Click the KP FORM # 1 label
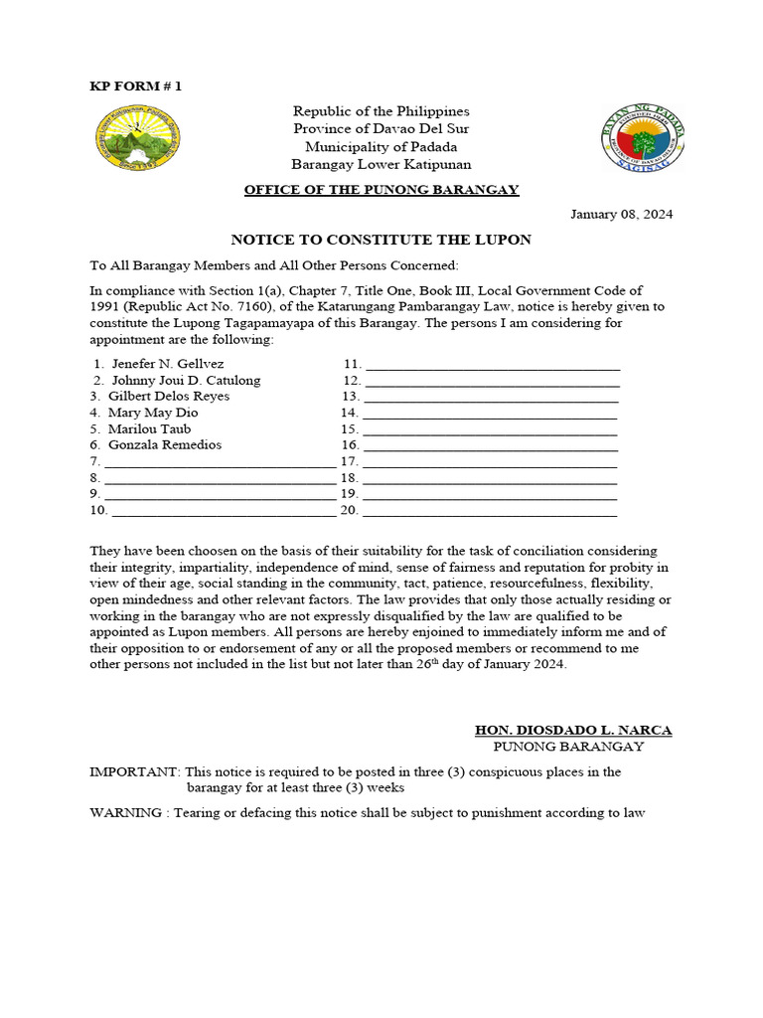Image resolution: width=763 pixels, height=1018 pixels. (x=136, y=86)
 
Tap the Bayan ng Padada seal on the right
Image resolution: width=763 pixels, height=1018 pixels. (x=643, y=140)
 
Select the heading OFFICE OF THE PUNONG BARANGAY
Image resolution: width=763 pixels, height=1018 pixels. (x=381, y=189)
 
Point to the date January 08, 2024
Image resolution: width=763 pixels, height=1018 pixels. (x=621, y=215)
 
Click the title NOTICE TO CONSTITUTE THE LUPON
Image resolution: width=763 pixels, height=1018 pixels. (x=381, y=240)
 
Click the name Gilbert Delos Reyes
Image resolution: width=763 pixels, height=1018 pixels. (x=169, y=397)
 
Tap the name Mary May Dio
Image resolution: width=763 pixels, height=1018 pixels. (x=153, y=413)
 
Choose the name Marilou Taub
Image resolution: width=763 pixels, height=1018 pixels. (x=149, y=428)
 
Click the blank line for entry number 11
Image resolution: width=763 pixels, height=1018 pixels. (x=493, y=367)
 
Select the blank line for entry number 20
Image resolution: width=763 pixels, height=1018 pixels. (x=491, y=512)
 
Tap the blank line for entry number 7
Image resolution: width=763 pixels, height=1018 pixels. (x=220, y=463)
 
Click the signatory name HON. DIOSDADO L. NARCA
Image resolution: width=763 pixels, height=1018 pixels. (x=573, y=730)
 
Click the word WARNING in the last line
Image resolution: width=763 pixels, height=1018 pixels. (x=127, y=812)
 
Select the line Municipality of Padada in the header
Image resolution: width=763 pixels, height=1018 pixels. (x=381, y=146)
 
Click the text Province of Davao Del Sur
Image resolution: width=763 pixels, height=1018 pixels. (x=381, y=129)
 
